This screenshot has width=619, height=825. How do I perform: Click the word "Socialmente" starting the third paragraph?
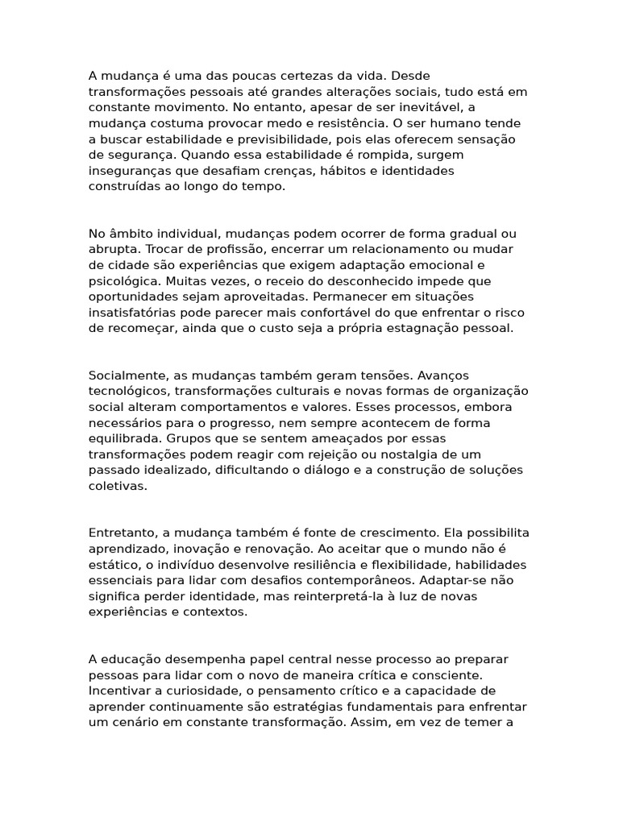(126, 375)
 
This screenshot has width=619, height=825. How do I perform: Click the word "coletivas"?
(117, 486)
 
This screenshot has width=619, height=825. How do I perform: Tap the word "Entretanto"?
(122, 533)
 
